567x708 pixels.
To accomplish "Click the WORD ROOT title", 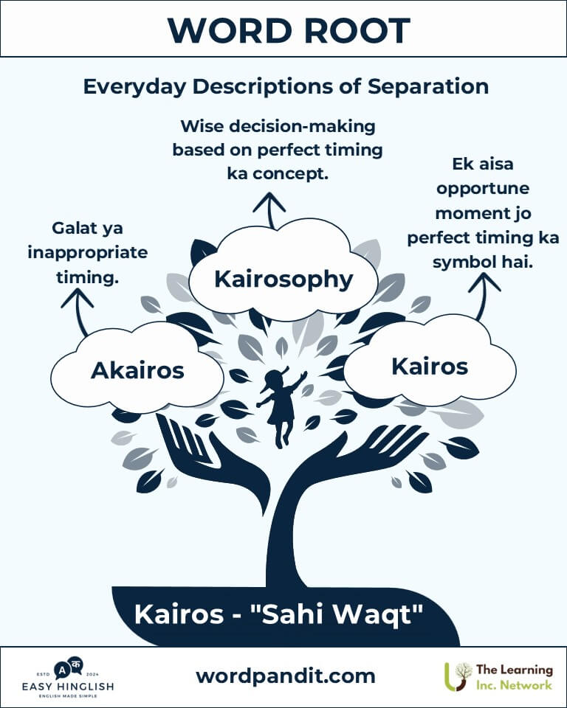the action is click(289, 31).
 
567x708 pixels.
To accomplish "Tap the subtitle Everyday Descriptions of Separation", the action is click(286, 86).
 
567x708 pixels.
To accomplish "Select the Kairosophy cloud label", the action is click(283, 279).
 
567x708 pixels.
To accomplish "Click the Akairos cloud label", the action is click(137, 371).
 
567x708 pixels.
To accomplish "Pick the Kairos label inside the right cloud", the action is click(430, 367).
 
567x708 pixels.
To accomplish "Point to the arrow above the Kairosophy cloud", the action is click(269, 210).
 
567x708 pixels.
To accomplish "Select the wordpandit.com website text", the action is click(286, 676).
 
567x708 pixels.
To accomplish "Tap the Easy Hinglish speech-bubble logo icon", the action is click(69, 669).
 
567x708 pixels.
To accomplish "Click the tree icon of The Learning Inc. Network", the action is click(458, 677).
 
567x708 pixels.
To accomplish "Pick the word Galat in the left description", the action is click(72, 228).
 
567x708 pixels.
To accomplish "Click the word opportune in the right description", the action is click(483, 188).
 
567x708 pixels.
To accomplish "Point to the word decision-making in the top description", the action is click(303, 126).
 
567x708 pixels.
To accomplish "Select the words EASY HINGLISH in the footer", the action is click(68, 687).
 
